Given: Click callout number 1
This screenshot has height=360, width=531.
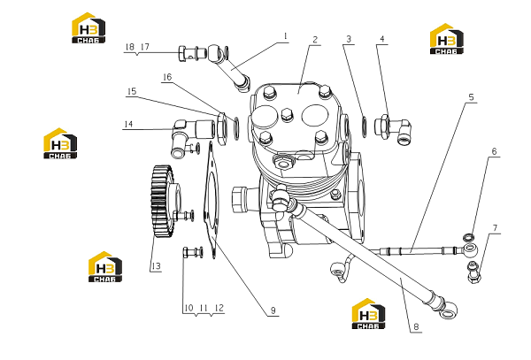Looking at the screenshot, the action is (285, 36).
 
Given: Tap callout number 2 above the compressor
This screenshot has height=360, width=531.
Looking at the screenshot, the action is (315, 40).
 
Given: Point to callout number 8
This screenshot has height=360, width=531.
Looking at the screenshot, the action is (416, 326).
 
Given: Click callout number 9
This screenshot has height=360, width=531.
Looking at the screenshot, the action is (273, 310).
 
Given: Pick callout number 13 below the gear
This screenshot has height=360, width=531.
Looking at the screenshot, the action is (156, 266).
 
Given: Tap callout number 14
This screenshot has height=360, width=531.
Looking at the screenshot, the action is (128, 124).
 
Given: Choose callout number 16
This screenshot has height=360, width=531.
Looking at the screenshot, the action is (167, 77).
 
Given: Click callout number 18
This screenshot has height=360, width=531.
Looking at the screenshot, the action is (130, 47).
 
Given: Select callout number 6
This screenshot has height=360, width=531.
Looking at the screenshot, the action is (494, 151).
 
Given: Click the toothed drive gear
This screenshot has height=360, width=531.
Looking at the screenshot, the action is (162, 202).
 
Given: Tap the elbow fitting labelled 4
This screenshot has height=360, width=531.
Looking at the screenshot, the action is (393, 129).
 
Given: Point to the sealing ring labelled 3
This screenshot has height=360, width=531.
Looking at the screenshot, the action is (365, 126).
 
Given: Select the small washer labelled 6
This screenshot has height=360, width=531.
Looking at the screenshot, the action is (469, 236).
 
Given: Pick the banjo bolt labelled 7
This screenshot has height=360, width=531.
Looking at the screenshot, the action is (473, 272).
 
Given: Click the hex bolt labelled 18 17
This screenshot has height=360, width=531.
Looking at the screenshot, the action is (192, 53).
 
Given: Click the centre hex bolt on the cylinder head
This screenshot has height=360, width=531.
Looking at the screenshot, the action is (287, 114).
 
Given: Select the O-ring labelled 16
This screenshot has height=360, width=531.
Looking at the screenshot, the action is (236, 128).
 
